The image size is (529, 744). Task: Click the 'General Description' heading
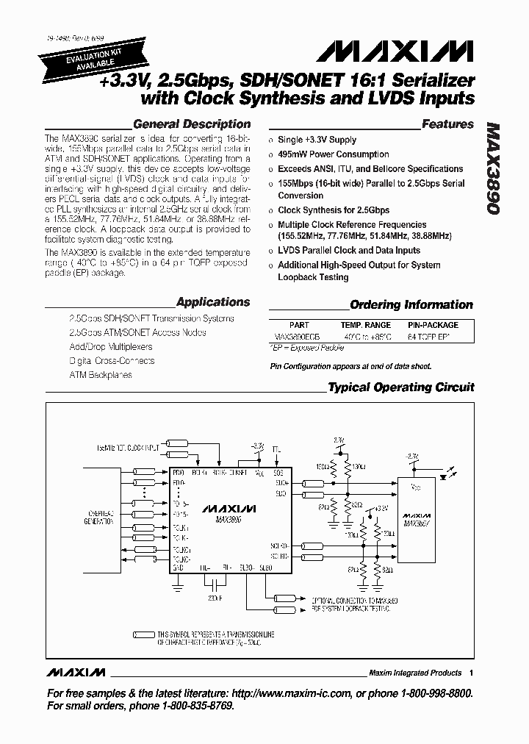pos(192,124)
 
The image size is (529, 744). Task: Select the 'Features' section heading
pos(447,124)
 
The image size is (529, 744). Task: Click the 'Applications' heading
pos(213,301)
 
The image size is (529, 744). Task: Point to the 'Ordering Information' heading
pos(411,304)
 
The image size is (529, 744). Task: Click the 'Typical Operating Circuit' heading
pos(401,387)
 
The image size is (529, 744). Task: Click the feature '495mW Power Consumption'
pos(333,154)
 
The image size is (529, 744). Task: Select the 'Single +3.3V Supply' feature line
pos(317,140)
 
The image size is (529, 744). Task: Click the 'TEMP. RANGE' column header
pos(365,324)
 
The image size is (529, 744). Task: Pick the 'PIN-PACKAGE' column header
pos(433,324)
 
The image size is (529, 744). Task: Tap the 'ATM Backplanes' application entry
pos(101,375)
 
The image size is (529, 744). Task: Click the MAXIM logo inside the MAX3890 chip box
pos(228,508)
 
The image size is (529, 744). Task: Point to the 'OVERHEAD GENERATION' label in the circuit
pos(99,519)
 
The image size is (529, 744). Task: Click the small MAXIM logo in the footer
pos(76,673)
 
